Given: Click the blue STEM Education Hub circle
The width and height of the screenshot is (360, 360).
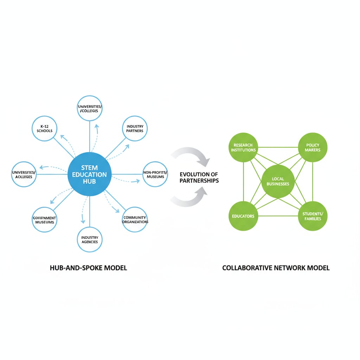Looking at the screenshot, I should tap(89, 174).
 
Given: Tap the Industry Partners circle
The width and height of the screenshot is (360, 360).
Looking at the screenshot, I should tap(135, 129).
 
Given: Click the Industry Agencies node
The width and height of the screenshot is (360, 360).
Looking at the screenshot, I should tap(89, 239).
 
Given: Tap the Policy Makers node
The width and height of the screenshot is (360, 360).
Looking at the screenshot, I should tap(313, 147).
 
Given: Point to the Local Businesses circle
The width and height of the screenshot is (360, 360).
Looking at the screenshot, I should tap(278, 181).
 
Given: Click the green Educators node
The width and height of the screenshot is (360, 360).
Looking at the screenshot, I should tap(243, 216).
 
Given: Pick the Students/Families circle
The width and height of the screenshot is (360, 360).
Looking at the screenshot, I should tap(313, 216).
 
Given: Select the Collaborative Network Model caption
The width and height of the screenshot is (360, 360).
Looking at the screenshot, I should tap(276, 268).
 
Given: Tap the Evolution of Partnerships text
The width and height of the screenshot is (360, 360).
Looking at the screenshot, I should tap(199, 178).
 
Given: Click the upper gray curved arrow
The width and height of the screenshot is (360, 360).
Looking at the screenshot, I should tap(192, 155).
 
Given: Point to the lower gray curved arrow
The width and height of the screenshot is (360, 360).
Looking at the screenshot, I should tap(192, 200).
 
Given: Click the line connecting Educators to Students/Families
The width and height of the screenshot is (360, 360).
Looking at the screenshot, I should tap(278, 216).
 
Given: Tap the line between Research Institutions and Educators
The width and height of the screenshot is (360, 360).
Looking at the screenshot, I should tap(243, 181).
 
